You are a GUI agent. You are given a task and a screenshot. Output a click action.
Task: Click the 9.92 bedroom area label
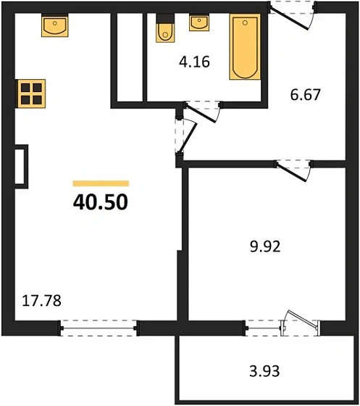[264, 246]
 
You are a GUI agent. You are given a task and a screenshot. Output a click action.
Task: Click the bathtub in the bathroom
[243, 48]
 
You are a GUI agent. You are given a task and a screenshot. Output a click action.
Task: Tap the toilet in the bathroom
[164, 30]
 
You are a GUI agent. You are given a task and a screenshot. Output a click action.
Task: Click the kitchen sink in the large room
[54, 27]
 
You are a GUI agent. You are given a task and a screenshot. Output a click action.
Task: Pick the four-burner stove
[31, 94]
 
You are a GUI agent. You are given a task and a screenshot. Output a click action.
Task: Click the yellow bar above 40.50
[101, 184]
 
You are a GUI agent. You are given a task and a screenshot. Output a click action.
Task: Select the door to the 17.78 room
[186, 135]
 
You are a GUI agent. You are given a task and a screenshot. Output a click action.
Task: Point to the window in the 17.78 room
[99, 328]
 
